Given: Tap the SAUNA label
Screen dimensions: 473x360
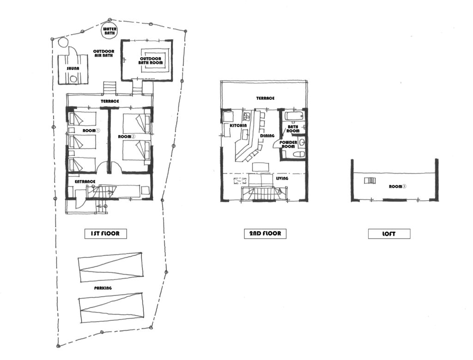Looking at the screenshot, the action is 73,68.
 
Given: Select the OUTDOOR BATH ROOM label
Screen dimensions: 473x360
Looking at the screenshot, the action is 151,60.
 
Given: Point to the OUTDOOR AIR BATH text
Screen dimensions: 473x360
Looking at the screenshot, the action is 103,54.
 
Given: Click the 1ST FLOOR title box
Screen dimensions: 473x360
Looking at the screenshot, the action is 105,234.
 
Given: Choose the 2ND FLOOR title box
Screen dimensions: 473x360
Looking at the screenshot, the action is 265,234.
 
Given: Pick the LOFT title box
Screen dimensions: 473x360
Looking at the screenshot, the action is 389,234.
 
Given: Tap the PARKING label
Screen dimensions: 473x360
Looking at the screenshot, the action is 103,288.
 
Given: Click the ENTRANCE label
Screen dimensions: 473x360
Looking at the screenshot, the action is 85,181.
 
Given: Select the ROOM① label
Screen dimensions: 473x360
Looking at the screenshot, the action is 91,131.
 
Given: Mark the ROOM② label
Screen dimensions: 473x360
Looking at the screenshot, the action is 127,137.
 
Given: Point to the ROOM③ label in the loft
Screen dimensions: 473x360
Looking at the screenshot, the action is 398,186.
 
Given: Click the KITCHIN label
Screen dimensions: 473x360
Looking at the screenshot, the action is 238,126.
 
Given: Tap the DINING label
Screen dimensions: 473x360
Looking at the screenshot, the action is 267,136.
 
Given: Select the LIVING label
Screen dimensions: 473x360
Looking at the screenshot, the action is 282,179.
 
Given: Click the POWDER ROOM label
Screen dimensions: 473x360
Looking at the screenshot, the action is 289,144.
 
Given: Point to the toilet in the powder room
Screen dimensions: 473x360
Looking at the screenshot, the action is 299,154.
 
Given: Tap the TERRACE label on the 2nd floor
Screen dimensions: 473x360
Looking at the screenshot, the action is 266,98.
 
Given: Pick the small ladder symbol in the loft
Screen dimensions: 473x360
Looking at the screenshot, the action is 370,180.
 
